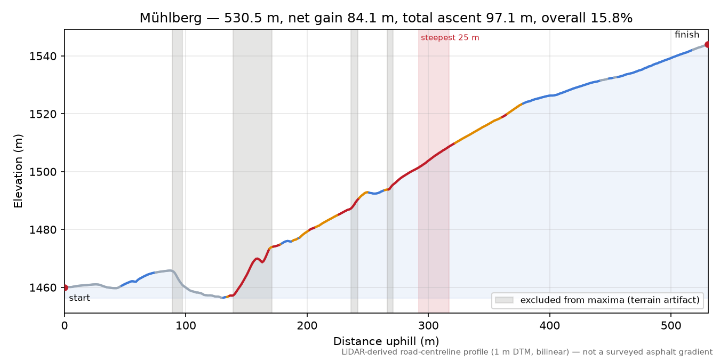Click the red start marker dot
[x=65, y=287]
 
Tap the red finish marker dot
[x=707, y=44]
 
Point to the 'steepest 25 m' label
[x=450, y=38]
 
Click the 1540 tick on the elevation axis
[x=42, y=56]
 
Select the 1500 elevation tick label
[x=42, y=172]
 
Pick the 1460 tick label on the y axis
[x=42, y=287]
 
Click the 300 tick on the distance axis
[x=428, y=326]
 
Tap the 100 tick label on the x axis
[x=186, y=326]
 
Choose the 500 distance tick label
[x=671, y=326]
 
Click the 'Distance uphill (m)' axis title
[x=386, y=341]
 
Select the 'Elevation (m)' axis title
[x=18, y=171]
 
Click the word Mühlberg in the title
[x=170, y=18]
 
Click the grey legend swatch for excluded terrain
[x=504, y=300]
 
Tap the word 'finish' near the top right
[x=686, y=34]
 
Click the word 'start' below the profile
[x=79, y=298]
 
